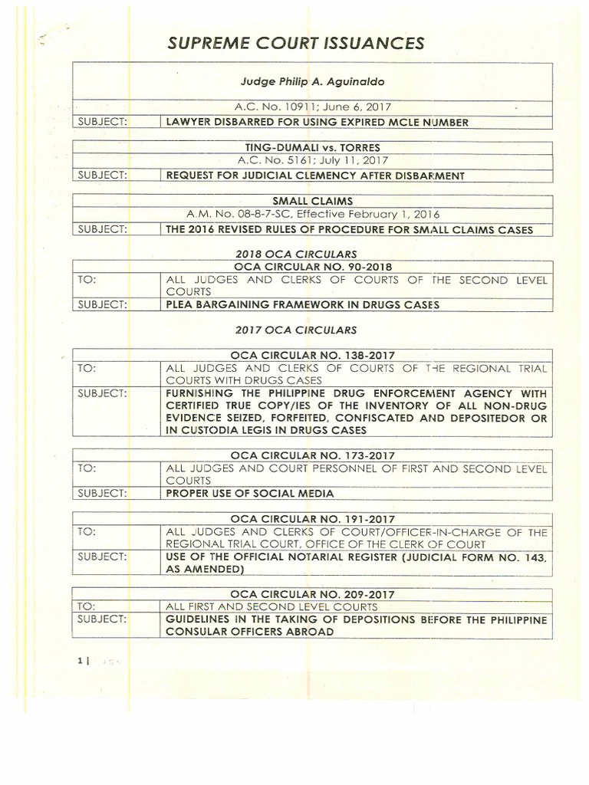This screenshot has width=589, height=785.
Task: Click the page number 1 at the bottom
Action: tap(80, 662)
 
